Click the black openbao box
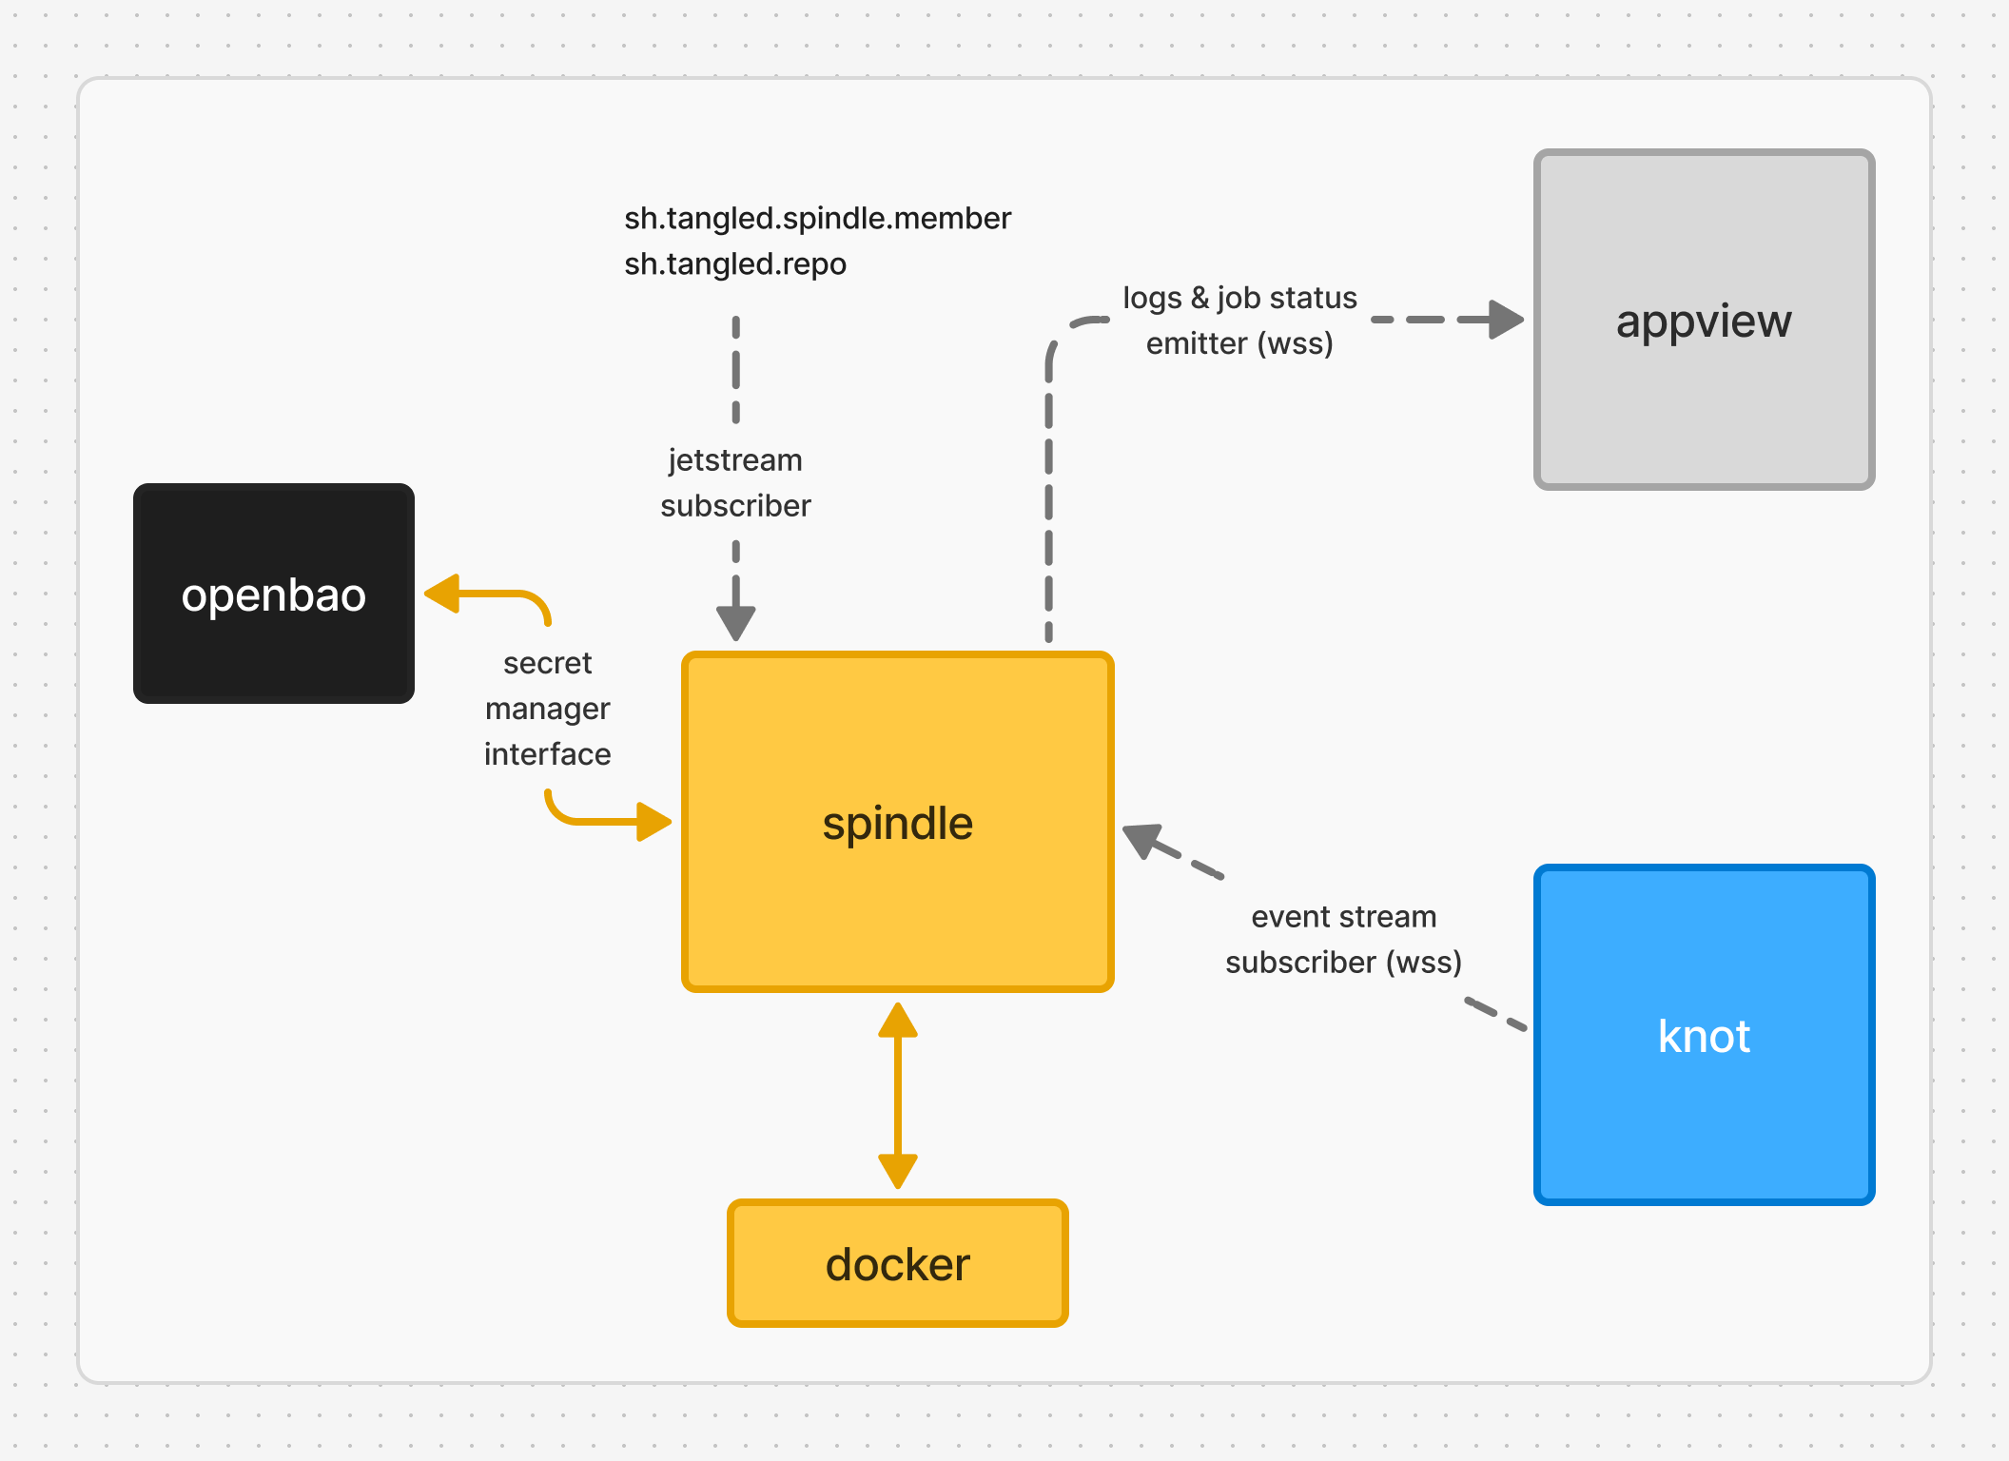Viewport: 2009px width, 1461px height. (x=274, y=594)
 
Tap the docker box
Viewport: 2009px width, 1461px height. (x=897, y=1263)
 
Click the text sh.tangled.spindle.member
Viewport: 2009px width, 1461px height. (x=817, y=219)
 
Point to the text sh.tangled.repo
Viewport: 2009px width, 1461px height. (x=735, y=264)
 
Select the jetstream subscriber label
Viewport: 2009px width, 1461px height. (x=735, y=483)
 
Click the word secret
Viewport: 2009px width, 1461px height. (x=547, y=663)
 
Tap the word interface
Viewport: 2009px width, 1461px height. (x=547, y=754)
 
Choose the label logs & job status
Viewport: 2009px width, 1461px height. (x=1239, y=298)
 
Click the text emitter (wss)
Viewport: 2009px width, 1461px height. (x=1239, y=343)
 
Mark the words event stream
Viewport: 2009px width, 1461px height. (x=1343, y=917)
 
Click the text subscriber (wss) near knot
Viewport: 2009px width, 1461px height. (x=1343, y=963)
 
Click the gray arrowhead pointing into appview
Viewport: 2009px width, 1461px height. (x=1505, y=320)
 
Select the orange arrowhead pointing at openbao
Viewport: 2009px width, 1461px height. (x=443, y=594)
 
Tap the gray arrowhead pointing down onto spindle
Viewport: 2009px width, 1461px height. (x=735, y=623)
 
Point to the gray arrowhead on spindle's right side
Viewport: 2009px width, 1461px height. (x=1143, y=839)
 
